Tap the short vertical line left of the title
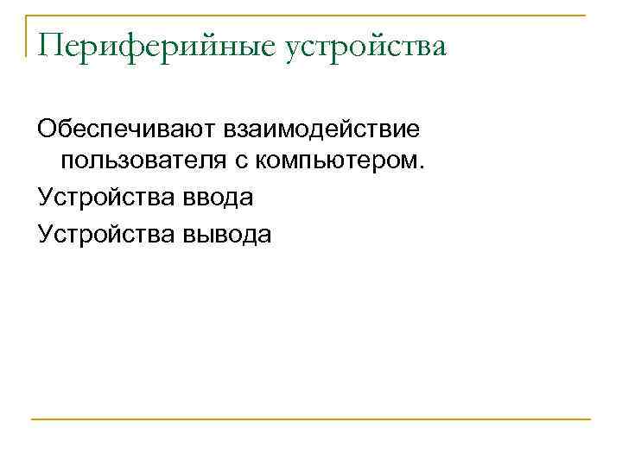pos(27,36)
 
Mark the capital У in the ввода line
pos(45,198)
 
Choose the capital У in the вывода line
pos(45,233)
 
